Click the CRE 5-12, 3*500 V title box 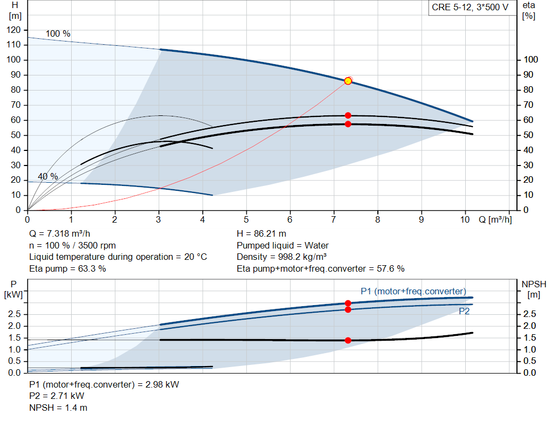470,8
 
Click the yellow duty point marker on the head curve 348,81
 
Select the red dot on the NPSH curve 348,340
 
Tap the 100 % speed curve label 58,34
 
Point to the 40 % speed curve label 48,176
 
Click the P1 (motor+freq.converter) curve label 413,292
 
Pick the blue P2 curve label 464,311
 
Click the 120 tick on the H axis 13,30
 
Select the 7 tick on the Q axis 333,219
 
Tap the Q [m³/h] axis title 495,219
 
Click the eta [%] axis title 529,11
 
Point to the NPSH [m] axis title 534,289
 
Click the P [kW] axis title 13,289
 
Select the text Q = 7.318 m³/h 60,234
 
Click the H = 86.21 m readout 261,234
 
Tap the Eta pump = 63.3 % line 67,269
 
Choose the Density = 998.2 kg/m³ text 281,257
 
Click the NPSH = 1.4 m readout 58,408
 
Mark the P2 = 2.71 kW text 57,396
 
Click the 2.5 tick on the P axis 15,314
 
